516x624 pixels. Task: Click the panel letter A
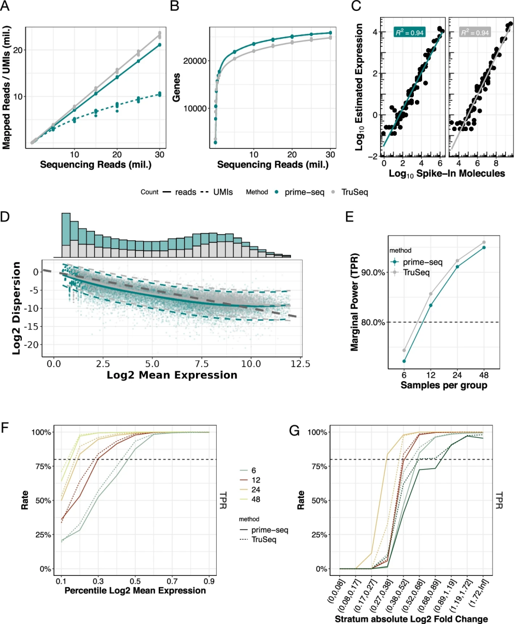[x=7, y=7]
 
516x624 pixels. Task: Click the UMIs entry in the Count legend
[x=216, y=191]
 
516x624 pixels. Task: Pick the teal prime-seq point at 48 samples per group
[x=484, y=248]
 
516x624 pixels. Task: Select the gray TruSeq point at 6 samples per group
[x=404, y=350]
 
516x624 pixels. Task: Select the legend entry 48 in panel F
[x=255, y=499]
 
